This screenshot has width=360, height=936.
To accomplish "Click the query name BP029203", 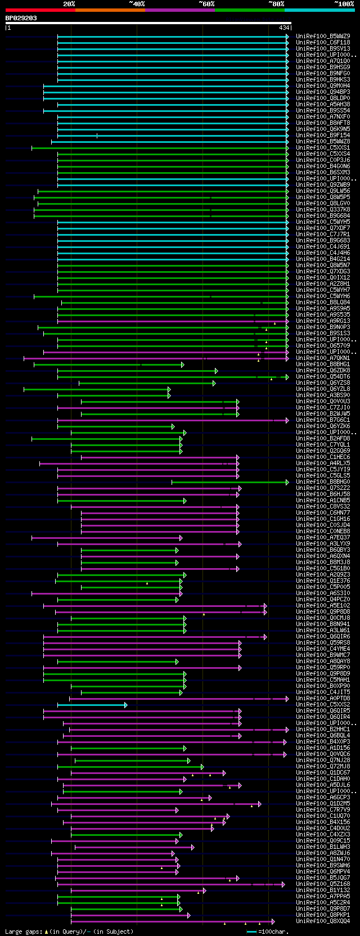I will (x=21, y=18).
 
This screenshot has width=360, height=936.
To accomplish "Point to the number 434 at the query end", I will (x=283, y=28).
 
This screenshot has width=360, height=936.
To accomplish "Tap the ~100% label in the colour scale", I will (x=343, y=4).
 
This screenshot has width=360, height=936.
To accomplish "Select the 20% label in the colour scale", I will (x=69, y=4).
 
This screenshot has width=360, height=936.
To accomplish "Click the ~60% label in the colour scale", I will (x=206, y=4).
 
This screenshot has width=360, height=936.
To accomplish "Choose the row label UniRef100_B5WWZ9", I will (x=323, y=37).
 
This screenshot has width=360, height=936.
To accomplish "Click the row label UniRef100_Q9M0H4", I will (x=323, y=86).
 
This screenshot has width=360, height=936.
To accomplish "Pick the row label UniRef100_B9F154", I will (x=323, y=136).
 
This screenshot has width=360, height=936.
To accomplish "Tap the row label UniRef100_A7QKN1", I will (x=323, y=358).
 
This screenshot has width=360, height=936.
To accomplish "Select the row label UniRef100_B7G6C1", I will (x=323, y=420).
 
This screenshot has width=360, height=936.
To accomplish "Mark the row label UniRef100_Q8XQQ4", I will (x=323, y=921).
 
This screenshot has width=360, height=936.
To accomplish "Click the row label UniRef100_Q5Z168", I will (x=323, y=884).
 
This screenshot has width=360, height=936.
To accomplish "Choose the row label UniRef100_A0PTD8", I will (x=323, y=699).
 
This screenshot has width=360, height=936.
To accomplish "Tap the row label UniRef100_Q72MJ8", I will (x=323, y=767).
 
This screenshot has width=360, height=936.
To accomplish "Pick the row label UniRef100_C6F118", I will (x=323, y=43).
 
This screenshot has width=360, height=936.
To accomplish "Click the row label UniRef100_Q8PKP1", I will (x=323, y=915).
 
